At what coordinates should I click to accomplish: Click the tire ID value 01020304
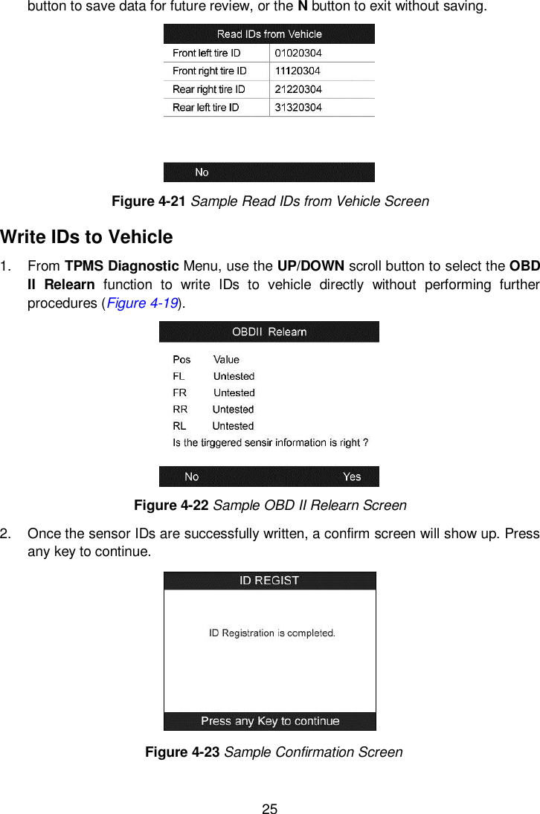pyautogui.click(x=298, y=53)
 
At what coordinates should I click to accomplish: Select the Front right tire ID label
pyautogui.click(x=209, y=71)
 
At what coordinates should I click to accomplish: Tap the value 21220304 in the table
pyautogui.click(x=298, y=89)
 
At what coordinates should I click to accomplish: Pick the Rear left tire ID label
pyautogui.click(x=205, y=108)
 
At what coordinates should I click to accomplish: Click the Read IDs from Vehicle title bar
pyautogui.click(x=269, y=34)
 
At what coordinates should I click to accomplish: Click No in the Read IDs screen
pyautogui.click(x=202, y=172)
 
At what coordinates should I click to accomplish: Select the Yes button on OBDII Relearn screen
pyautogui.click(x=352, y=477)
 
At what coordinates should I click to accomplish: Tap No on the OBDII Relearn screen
pyautogui.click(x=192, y=477)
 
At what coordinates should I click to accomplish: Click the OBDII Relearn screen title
pyautogui.click(x=269, y=332)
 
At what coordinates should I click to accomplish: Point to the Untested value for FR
pyautogui.click(x=234, y=393)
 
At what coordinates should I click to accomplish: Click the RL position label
pyautogui.click(x=179, y=426)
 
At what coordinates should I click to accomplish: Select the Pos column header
pyautogui.click(x=181, y=359)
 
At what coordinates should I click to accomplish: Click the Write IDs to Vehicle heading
pyautogui.click(x=87, y=237)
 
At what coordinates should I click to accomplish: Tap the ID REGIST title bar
pyautogui.click(x=269, y=581)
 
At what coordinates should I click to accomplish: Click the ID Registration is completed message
pyautogui.click(x=271, y=633)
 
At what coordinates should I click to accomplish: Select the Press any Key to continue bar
pyautogui.click(x=270, y=721)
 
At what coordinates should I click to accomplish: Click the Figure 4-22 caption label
pyautogui.click(x=172, y=505)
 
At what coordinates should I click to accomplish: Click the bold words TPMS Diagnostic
pyautogui.click(x=120, y=267)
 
